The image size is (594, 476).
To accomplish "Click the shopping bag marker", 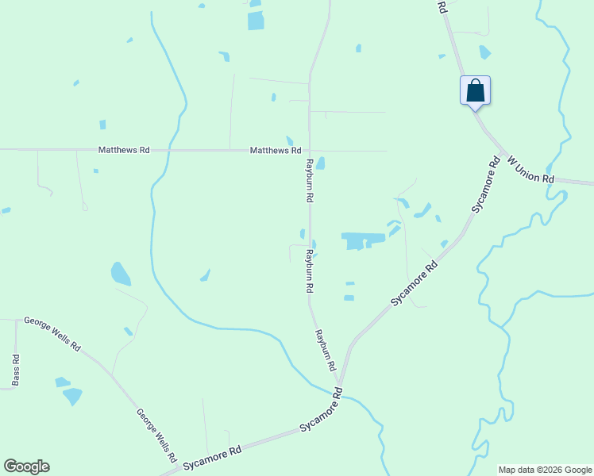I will tap(475, 90).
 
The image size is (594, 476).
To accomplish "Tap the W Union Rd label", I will tap(530, 170).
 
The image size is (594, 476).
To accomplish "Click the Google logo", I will tap(26, 466).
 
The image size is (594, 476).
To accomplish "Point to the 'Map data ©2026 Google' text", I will tap(545, 470).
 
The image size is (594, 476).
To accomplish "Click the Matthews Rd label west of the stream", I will tap(123, 149).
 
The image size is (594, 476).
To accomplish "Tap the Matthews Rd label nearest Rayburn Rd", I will tap(275, 150).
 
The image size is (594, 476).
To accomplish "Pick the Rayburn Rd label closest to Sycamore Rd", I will tap(326, 351).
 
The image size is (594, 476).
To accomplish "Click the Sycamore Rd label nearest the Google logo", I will tap(212, 458).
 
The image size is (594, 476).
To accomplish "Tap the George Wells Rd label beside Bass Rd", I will tap(52, 333).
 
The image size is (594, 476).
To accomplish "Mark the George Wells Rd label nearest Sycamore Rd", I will tap(156, 436).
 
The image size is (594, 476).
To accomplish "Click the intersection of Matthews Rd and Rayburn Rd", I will tap(309, 150).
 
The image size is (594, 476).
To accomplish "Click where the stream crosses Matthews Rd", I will tap(165, 150).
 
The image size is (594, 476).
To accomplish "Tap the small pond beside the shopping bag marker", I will tap(484, 52).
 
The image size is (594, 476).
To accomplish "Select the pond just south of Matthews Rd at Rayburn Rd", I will tap(321, 163).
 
